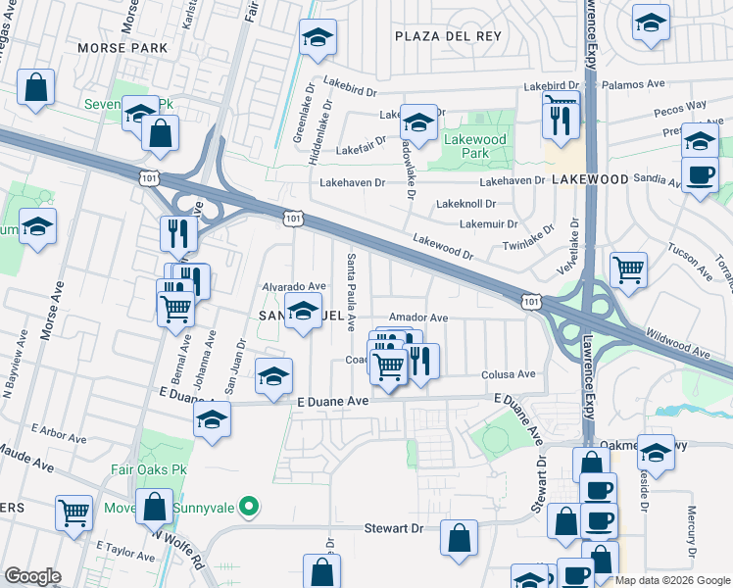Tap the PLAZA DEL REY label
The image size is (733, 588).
point(448,35)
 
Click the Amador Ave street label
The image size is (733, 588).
point(417,318)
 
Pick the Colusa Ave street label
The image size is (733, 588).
point(508,374)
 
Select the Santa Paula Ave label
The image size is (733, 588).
point(350,291)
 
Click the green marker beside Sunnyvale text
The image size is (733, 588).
point(250,507)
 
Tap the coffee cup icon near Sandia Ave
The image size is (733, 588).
point(700,175)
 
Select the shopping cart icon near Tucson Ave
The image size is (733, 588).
point(628,268)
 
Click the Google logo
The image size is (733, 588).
point(32,576)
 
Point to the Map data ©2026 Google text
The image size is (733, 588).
point(672,580)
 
